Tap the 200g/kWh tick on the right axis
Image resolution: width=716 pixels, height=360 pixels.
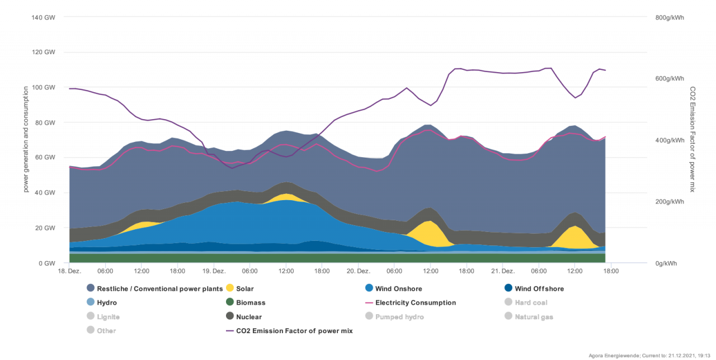(x=669, y=202)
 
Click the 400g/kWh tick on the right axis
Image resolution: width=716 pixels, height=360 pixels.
(x=669, y=140)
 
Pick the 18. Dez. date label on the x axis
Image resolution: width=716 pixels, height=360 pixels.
(x=69, y=271)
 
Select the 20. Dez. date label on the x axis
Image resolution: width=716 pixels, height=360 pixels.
(x=358, y=271)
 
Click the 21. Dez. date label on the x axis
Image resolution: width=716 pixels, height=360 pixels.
(x=502, y=271)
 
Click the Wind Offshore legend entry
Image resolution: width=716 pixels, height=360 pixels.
(x=539, y=289)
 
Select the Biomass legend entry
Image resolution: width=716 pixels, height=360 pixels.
(x=250, y=303)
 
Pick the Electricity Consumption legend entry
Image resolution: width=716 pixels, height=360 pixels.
(x=415, y=303)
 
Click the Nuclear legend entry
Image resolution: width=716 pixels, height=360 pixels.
(x=248, y=317)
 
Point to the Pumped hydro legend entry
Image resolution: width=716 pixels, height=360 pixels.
(x=399, y=317)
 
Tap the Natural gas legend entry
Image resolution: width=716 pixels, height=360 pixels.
(x=534, y=317)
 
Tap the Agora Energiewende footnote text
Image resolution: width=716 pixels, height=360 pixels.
(x=637, y=356)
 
